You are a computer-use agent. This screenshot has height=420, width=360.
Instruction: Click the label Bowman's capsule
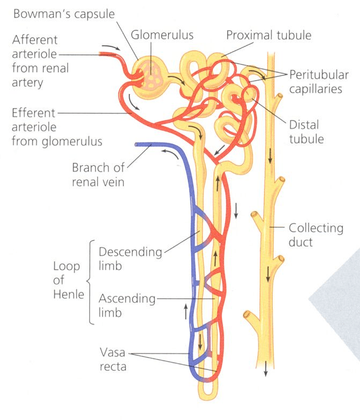point(64,14)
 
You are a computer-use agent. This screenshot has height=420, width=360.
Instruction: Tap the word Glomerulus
point(162,35)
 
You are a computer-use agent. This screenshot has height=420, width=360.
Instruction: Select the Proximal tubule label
point(269,35)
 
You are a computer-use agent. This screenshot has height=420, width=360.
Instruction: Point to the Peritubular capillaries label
point(319,82)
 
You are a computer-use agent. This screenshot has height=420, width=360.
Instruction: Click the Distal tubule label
point(306,132)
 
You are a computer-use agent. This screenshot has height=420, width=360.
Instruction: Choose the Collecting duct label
point(316,235)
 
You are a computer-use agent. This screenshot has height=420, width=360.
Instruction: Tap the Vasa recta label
point(113,359)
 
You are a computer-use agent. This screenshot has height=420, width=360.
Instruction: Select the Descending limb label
point(130,259)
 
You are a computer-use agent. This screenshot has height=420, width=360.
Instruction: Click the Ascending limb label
point(127,305)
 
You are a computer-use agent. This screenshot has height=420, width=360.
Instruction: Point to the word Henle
point(69,294)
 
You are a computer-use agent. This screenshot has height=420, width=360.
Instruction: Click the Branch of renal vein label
point(98,175)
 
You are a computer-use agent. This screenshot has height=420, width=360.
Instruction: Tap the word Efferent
point(33,113)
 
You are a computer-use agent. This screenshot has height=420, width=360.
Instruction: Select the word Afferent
point(35,40)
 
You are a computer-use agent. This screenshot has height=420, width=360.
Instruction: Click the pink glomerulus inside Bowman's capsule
point(151,75)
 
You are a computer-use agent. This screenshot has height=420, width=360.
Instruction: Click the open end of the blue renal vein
point(136,145)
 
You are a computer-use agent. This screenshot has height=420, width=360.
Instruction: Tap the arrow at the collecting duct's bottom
point(266,369)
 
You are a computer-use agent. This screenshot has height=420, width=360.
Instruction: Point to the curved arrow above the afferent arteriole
point(111,47)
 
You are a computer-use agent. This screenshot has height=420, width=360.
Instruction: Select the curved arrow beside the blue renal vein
point(170,154)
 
